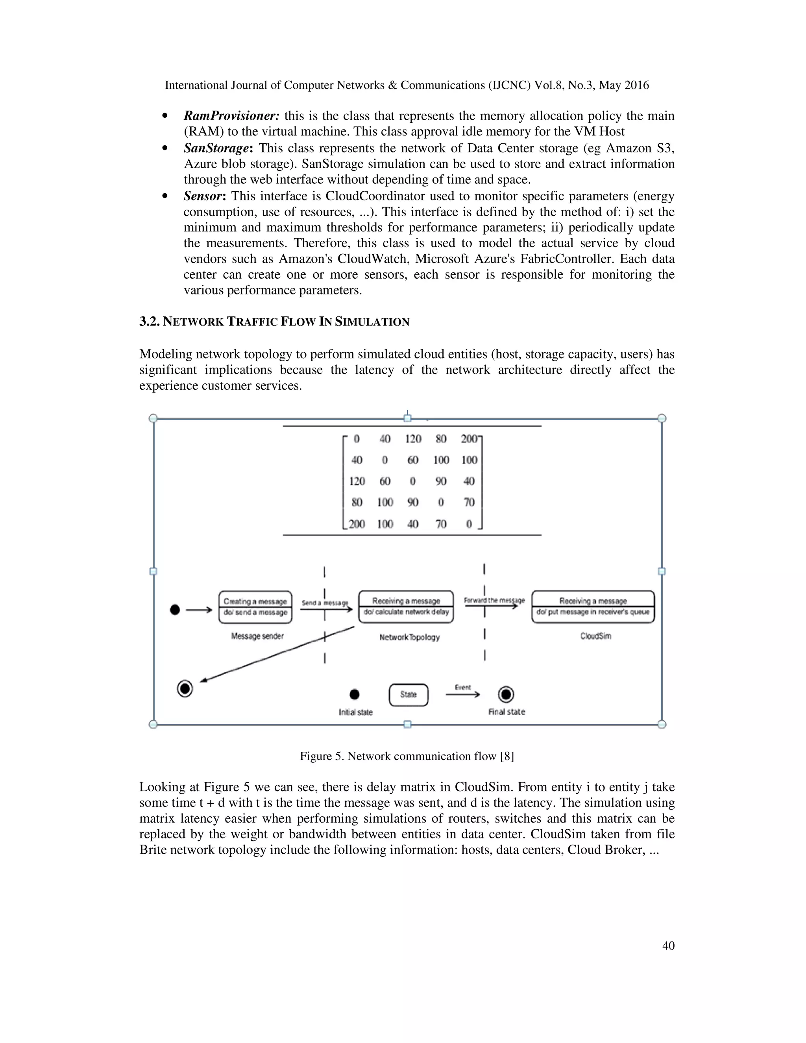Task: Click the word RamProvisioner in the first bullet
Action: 231,116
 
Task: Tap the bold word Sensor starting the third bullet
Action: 202,196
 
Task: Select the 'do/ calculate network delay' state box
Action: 406,612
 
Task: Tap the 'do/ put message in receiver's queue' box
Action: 593,612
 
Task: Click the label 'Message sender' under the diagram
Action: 257,636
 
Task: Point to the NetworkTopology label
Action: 409,637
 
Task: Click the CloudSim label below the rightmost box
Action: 595,636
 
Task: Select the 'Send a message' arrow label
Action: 325,603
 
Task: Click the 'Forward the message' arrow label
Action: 494,600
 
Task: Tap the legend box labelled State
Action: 408,695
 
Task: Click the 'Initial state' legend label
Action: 355,712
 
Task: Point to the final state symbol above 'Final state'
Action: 506,694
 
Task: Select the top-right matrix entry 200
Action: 469,439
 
